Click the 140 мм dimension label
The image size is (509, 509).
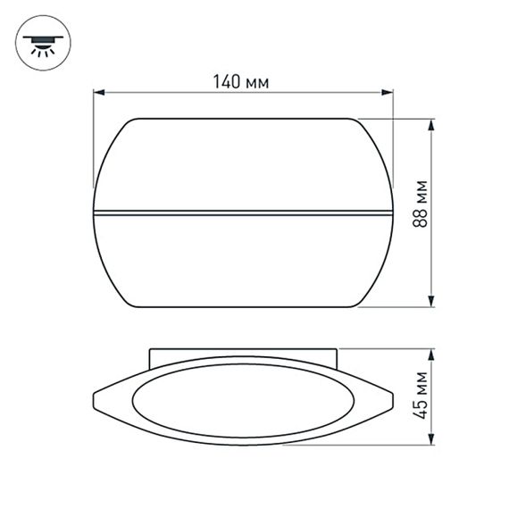click(x=241, y=82)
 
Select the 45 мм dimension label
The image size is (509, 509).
click(x=421, y=396)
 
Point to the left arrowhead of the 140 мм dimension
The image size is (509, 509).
click(x=99, y=92)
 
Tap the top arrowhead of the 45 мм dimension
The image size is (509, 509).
click(x=432, y=354)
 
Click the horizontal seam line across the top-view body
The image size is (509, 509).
click(x=242, y=213)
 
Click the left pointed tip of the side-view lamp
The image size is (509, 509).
click(x=95, y=396)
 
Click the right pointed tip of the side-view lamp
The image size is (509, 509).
click(x=391, y=396)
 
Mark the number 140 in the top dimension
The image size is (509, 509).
click(x=227, y=82)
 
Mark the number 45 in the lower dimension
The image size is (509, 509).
click(x=421, y=411)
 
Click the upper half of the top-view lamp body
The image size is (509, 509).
click(x=242, y=165)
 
